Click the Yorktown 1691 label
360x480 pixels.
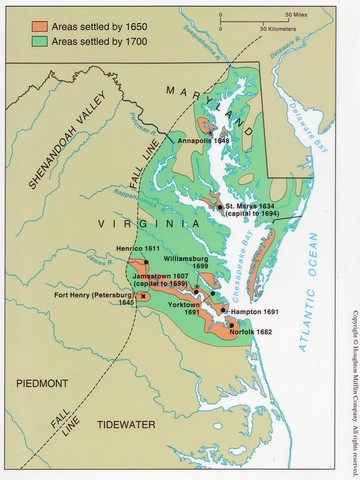pyautogui.click(x=183, y=306)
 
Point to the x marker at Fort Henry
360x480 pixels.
pyautogui.click(x=144, y=296)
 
